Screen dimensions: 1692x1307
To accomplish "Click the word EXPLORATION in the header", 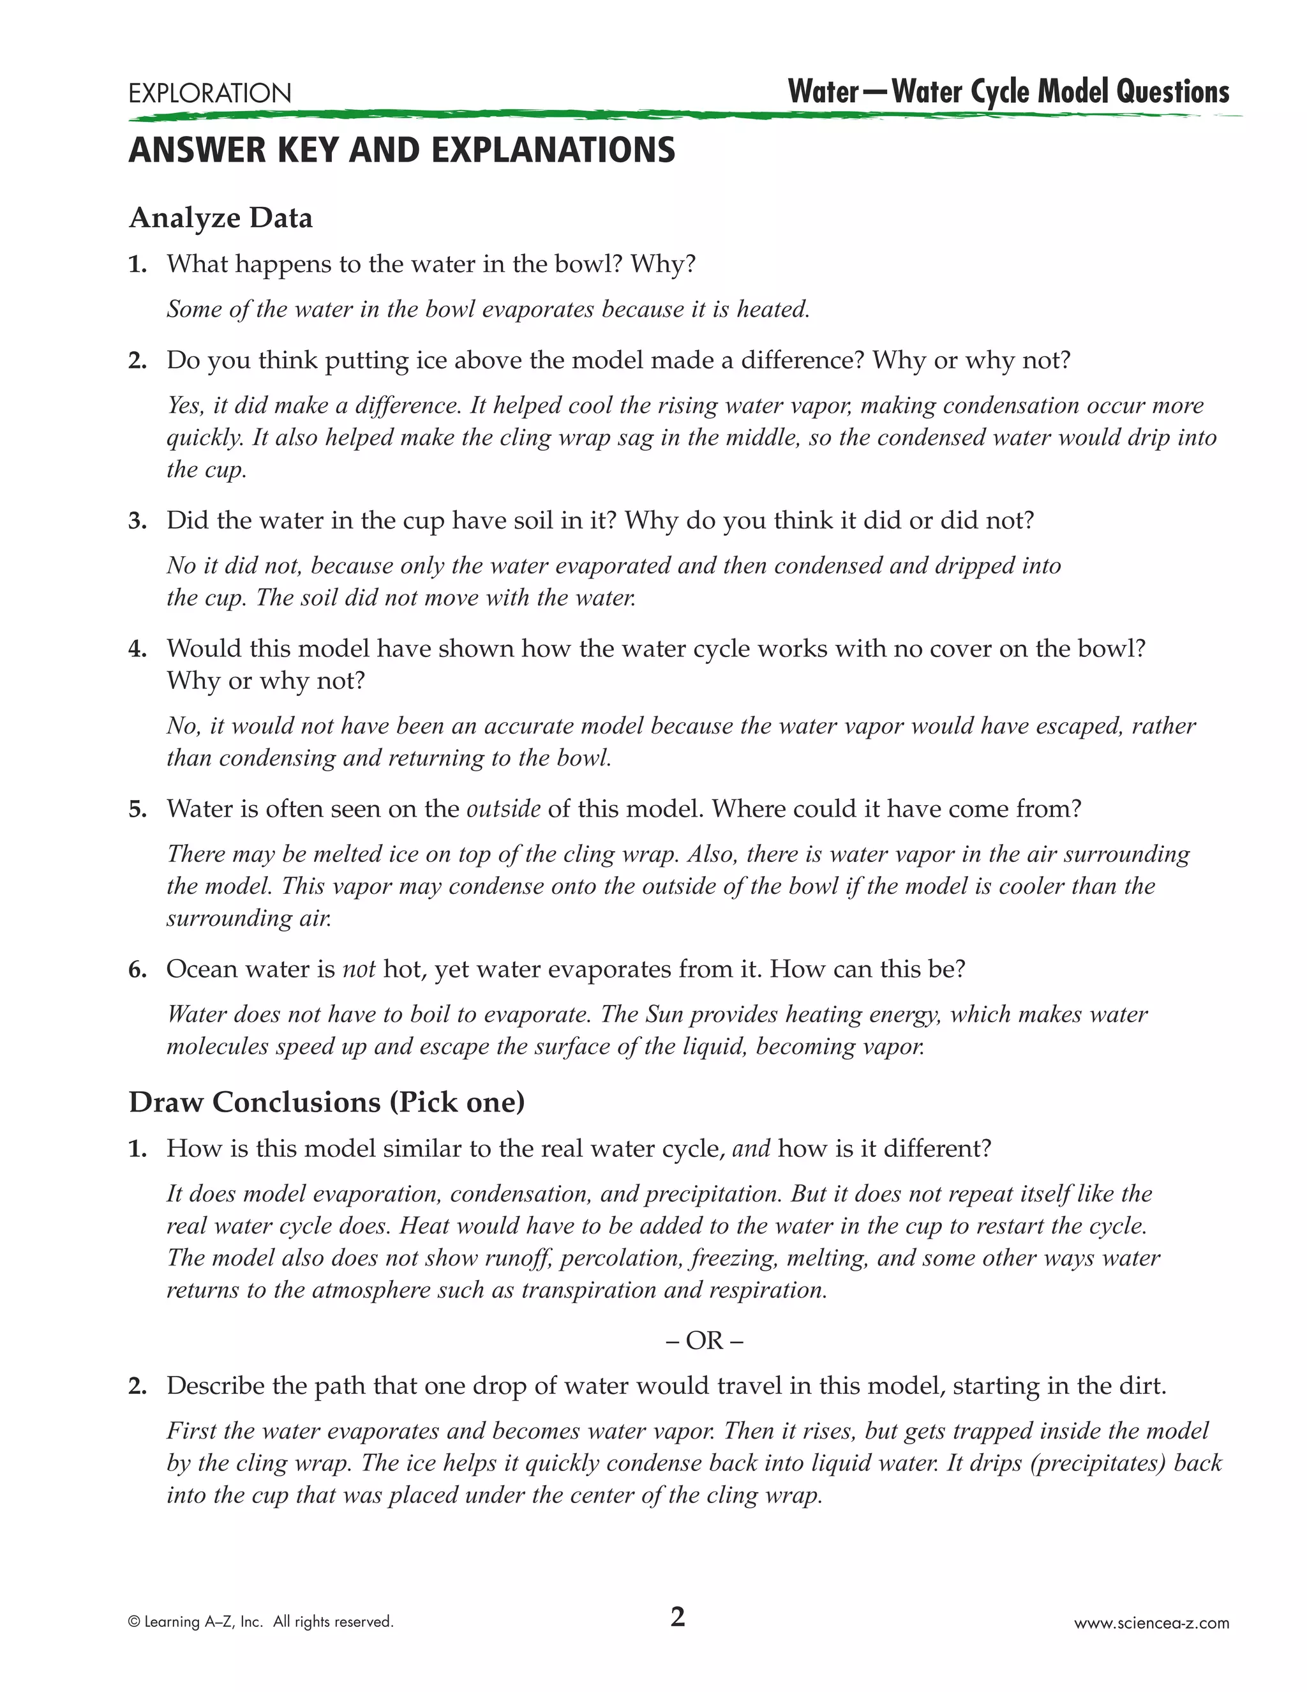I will [x=210, y=94].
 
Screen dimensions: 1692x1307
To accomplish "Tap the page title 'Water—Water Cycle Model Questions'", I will [x=1008, y=91].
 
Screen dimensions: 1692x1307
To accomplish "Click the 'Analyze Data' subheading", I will [x=221, y=218].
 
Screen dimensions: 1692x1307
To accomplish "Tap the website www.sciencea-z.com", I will [x=1151, y=1623].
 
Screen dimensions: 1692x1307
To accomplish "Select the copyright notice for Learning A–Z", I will [x=261, y=1622].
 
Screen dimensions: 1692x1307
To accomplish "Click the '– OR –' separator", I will [x=704, y=1340].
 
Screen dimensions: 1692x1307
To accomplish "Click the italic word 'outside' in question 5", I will [x=504, y=809].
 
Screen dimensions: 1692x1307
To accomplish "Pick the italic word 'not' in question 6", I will [x=359, y=969].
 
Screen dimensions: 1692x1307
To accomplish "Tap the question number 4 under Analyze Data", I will [x=138, y=649].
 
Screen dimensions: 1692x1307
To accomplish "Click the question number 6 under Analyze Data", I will [x=138, y=970].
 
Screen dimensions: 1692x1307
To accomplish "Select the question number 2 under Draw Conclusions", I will [x=138, y=1387].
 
